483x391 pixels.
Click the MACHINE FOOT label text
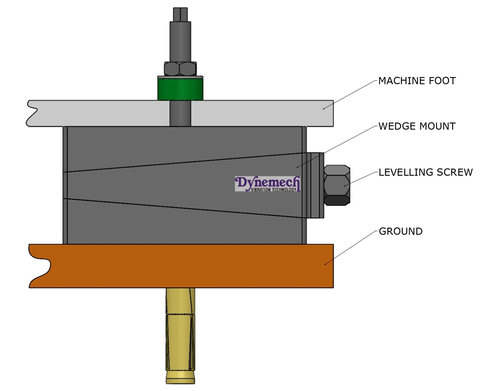pyautogui.click(x=417, y=81)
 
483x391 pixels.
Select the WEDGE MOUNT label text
pyautogui.click(x=417, y=126)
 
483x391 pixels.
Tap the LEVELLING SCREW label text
pyautogui.click(x=425, y=172)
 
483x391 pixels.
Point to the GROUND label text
pyautogui.click(x=400, y=232)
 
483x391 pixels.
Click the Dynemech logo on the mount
pyautogui.click(x=267, y=184)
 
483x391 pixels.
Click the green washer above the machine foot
pyautogui.click(x=180, y=88)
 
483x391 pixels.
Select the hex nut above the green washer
pyautogui.click(x=180, y=69)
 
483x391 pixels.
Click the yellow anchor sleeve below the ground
pyautogui.click(x=180, y=332)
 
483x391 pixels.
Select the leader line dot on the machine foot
pyautogui.click(x=324, y=108)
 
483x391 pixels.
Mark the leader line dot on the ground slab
pyautogui.click(x=325, y=264)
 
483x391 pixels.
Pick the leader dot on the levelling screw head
pyautogui.click(x=344, y=186)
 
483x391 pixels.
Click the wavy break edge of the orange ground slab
pyautogui.click(x=39, y=266)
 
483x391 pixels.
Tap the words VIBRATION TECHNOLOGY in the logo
pyautogui.click(x=273, y=190)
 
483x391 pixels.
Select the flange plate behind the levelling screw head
pyautogui.click(x=315, y=185)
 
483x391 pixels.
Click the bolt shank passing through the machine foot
pyautogui.click(x=180, y=113)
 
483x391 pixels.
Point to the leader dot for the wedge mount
pyautogui.click(x=297, y=167)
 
